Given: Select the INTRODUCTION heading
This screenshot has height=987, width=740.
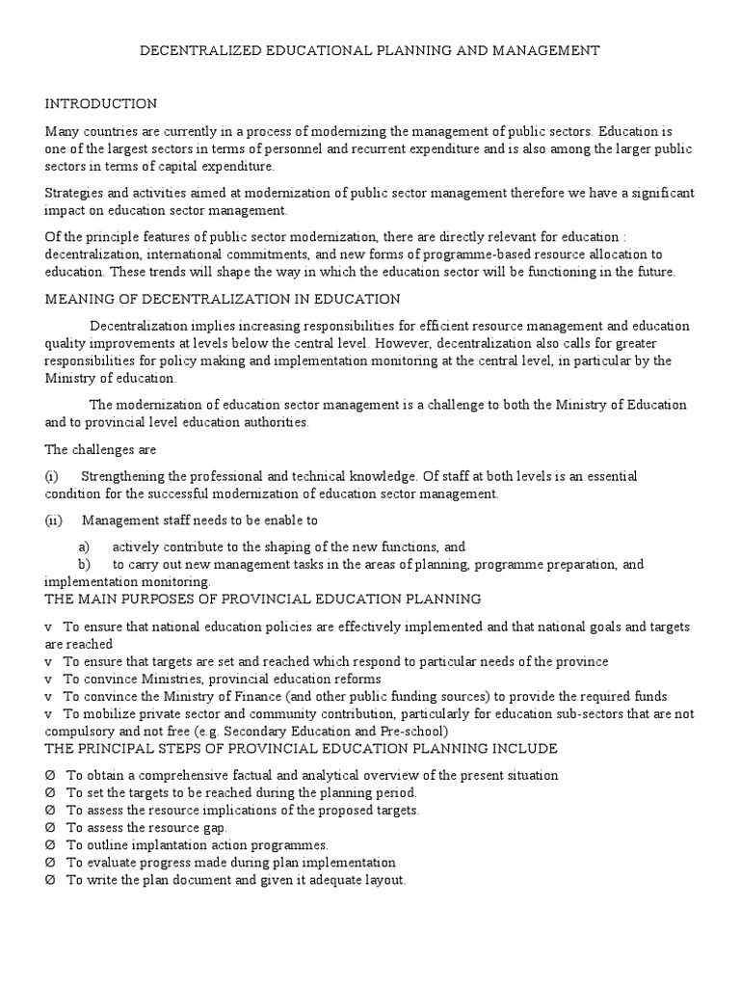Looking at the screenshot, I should tap(101, 103).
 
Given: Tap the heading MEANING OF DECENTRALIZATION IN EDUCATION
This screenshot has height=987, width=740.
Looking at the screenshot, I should tap(223, 300).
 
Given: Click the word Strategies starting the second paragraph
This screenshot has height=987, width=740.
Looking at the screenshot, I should tap(73, 194).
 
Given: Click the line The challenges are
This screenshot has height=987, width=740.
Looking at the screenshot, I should tap(100, 449).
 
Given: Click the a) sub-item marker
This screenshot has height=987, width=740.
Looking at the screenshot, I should tap(84, 547).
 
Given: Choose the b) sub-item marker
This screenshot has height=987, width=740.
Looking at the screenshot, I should tap(84, 564).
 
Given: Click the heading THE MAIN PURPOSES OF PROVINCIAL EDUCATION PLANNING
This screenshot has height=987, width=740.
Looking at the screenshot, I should tap(263, 599).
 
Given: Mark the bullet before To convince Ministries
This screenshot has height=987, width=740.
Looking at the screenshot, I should tap(48, 679).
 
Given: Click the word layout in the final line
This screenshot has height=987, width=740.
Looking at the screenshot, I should tap(383, 880).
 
